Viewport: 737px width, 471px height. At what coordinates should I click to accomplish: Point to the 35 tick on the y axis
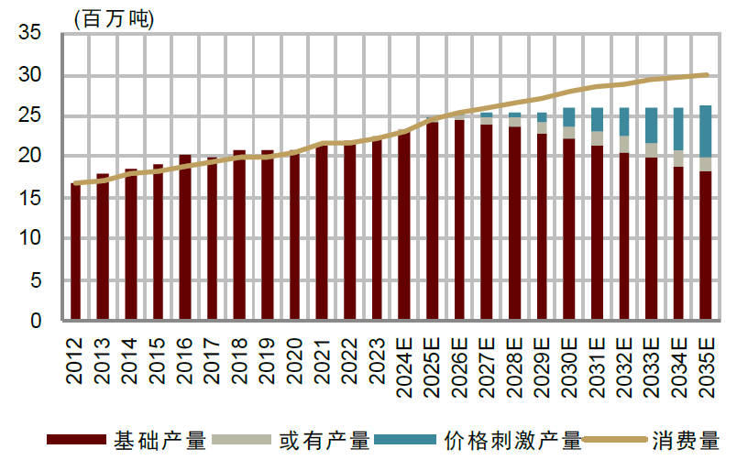30,34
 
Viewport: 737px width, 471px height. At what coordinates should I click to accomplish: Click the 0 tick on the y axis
37,321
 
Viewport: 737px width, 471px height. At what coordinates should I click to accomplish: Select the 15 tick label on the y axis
30,198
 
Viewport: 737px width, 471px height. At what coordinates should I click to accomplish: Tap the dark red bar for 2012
76,252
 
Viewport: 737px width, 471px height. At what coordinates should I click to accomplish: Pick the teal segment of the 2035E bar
705,131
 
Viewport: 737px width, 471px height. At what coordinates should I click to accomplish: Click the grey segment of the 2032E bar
623,144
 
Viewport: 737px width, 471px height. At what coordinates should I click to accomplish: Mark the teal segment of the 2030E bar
569,117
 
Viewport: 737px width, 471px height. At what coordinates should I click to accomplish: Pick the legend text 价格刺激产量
512,441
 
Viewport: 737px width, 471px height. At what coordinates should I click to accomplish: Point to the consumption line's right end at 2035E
706,75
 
